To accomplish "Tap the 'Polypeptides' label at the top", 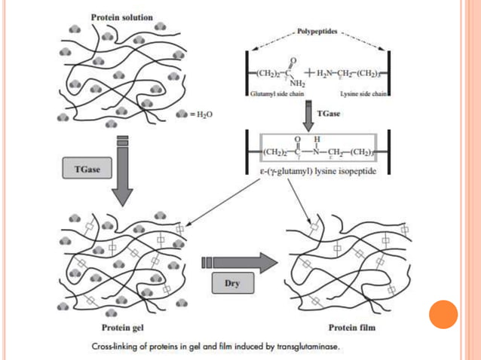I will (317, 34).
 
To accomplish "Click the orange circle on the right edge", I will (443, 315).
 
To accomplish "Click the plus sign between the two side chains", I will (310, 73).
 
